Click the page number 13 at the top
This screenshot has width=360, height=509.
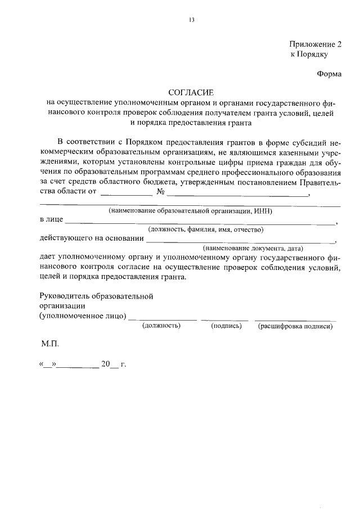point(191,20)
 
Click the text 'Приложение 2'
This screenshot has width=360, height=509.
point(316,44)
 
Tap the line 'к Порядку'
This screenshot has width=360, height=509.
point(308,55)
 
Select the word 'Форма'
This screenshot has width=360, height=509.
point(330,74)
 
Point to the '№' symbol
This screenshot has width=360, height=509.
point(160,192)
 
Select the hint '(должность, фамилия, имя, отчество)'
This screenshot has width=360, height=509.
point(206,229)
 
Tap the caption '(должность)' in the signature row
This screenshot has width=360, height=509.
point(161,326)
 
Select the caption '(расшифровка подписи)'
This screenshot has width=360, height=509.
point(295,326)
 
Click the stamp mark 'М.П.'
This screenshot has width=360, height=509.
point(49,343)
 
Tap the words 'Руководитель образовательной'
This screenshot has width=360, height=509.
point(96,296)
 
